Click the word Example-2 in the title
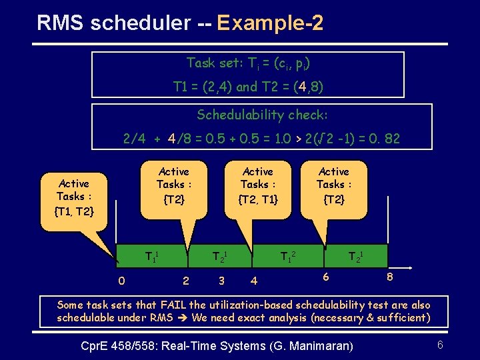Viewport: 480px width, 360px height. [270, 24]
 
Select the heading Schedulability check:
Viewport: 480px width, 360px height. [262, 115]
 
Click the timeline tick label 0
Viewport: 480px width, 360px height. [121, 281]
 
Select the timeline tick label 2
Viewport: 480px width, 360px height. [185, 281]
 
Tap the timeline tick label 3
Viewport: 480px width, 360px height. [221, 281]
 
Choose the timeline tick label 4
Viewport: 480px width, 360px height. [253, 281]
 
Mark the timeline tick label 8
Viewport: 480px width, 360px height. [390, 275]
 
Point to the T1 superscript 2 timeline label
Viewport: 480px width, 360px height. [289, 256]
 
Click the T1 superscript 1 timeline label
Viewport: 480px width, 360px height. [153, 256]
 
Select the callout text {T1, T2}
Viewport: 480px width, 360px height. [74, 211]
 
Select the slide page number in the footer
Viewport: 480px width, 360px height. [440, 345]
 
